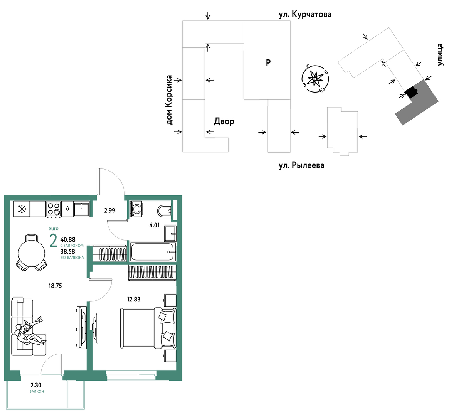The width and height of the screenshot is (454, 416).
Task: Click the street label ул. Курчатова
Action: coord(305,14)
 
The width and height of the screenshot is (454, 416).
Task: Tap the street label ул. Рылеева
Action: coord(301,165)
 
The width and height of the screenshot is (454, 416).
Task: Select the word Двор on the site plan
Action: coord(224,121)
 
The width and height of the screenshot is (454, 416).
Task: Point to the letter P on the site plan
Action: coord(268,62)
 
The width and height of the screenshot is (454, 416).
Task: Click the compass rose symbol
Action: coord(315,79)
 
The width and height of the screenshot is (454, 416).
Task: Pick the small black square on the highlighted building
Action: coord(411,93)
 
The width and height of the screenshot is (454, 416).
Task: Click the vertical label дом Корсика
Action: coord(169,100)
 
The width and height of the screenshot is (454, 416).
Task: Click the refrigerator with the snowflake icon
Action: coord(22,209)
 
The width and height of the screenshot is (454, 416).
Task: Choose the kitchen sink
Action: coord(82,209)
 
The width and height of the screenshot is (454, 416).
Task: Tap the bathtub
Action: coord(153,252)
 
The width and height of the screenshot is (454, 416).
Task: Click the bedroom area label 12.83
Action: coord(133,299)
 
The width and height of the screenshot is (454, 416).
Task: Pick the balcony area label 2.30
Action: coord(36,385)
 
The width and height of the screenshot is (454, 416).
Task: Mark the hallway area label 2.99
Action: coord(110,211)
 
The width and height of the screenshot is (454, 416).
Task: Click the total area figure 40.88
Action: coord(68,239)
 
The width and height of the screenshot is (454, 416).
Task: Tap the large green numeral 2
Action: coord(53,241)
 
